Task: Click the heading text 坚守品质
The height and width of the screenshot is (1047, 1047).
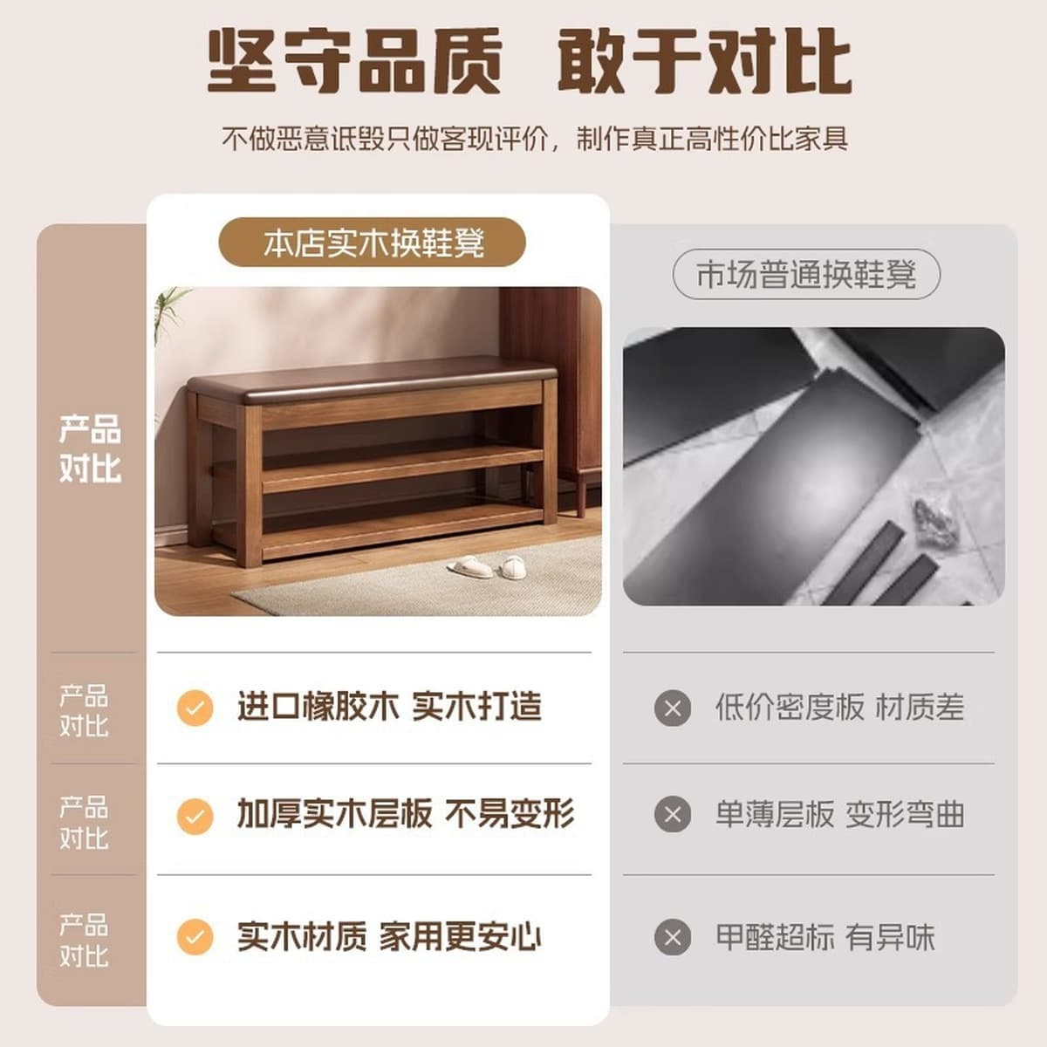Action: [x=355, y=61]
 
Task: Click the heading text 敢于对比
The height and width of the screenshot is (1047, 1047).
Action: [x=705, y=61]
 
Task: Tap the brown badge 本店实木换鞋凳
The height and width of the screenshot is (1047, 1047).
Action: [x=373, y=243]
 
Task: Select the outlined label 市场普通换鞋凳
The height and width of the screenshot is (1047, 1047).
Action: [x=806, y=274]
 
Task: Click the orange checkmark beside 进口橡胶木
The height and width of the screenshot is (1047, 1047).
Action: [x=195, y=708]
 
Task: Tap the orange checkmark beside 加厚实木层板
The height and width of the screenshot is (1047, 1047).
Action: [x=195, y=816]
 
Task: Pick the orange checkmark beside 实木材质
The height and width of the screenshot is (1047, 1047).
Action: [x=195, y=937]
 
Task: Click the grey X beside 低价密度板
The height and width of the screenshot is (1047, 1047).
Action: [x=673, y=708]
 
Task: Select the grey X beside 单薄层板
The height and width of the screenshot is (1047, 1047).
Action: [x=673, y=814]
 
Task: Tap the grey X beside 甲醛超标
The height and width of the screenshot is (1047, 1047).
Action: [x=673, y=937]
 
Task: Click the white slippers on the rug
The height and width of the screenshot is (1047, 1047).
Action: [x=486, y=567]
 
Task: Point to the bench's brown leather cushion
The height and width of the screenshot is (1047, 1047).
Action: [x=373, y=380]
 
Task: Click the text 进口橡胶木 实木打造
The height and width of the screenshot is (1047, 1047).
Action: [x=389, y=707]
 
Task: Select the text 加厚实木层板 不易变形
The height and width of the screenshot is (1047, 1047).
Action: [x=406, y=813]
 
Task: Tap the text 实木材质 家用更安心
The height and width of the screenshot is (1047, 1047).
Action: [x=389, y=937]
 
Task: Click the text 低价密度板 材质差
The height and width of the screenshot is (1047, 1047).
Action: [x=839, y=708]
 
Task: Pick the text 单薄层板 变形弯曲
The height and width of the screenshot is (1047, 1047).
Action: [x=839, y=814]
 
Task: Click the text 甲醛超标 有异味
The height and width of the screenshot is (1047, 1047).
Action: [x=825, y=937]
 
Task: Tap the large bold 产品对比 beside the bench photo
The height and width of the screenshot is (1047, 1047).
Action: [x=90, y=448]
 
